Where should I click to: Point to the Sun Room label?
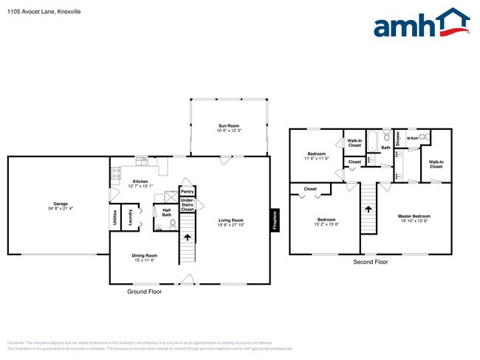[229, 128]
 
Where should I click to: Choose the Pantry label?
[187, 190]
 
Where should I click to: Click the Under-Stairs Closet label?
[188, 204]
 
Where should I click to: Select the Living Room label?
[230, 221]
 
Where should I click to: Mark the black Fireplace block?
[274, 219]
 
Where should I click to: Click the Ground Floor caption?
[145, 291]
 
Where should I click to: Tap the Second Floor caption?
[370, 262]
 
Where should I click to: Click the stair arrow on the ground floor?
[187, 238]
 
